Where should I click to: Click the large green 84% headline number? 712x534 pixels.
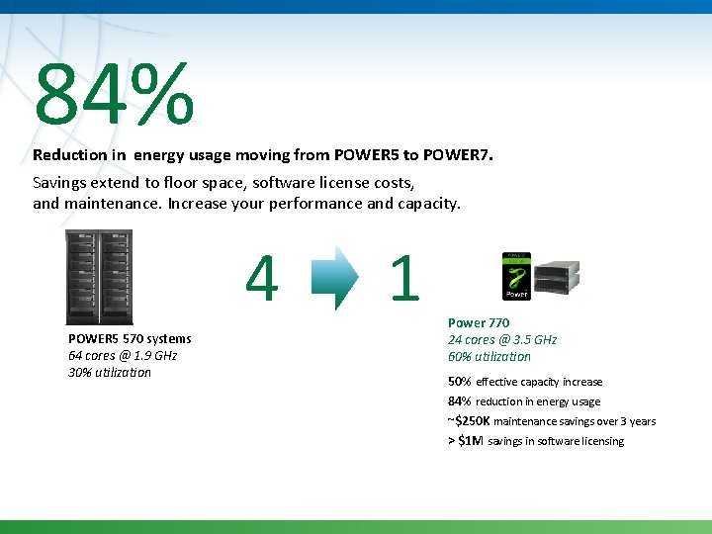click(114, 95)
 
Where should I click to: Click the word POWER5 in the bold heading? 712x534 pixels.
click(368, 155)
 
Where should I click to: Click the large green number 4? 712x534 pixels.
click(261, 279)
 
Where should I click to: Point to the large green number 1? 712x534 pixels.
click(403, 279)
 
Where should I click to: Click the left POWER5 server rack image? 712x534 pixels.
click(82, 277)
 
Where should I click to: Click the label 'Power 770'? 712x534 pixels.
click(479, 323)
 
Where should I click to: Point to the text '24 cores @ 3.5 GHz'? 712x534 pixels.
click(502, 340)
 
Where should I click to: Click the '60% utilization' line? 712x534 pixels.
click(489, 357)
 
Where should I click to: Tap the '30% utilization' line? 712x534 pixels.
click(110, 373)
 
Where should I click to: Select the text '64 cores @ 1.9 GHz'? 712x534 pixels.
click(123, 356)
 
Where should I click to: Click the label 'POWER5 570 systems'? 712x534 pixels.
click(130, 339)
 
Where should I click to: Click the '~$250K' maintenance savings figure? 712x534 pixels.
click(470, 421)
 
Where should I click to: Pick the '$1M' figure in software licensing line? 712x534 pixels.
click(470, 441)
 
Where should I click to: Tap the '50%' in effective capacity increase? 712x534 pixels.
click(460, 382)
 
